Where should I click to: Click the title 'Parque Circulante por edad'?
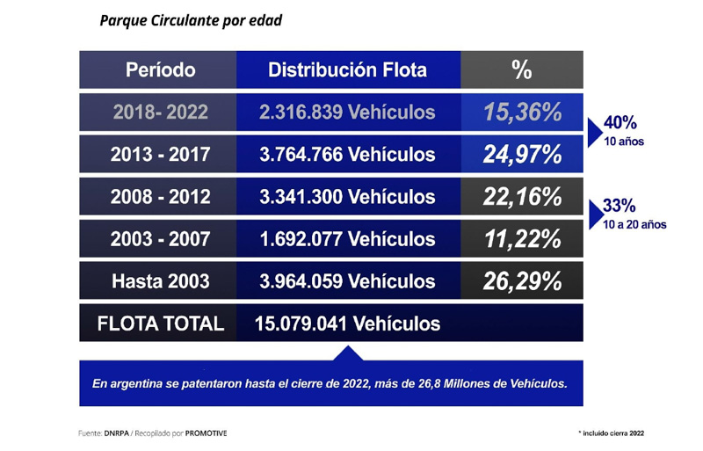(191, 20)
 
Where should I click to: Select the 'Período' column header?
(160, 69)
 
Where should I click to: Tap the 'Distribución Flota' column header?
(347, 69)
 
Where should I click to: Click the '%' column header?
(521, 69)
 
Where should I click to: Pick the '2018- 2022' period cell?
(160, 112)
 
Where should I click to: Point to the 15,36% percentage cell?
(521, 112)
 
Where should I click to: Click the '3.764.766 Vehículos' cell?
(347, 154)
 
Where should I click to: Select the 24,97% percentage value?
(521, 154)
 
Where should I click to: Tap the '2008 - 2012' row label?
(160, 197)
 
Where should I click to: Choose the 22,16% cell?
(521, 197)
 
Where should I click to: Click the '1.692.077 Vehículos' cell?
(347, 239)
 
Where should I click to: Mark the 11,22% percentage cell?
(521, 239)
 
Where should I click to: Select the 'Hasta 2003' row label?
(160, 281)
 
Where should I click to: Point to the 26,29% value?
(521, 281)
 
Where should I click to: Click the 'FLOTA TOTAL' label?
(160, 324)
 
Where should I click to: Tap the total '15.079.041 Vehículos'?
(347, 324)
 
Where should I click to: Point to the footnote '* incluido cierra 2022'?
(617, 433)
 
